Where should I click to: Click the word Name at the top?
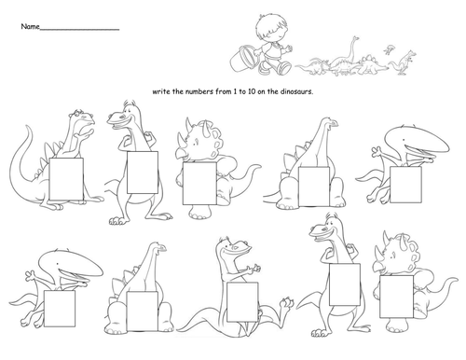30,26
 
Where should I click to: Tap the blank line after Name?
79,30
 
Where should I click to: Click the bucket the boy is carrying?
242,58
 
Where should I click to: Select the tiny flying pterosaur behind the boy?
390,48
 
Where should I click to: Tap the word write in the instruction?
161,91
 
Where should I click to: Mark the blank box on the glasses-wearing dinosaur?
66,179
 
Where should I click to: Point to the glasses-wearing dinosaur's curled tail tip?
28,127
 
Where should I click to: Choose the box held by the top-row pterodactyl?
405,185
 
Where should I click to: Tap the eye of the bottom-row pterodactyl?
57,264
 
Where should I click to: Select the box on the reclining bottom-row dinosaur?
242,302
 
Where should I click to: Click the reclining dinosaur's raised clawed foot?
286,302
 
